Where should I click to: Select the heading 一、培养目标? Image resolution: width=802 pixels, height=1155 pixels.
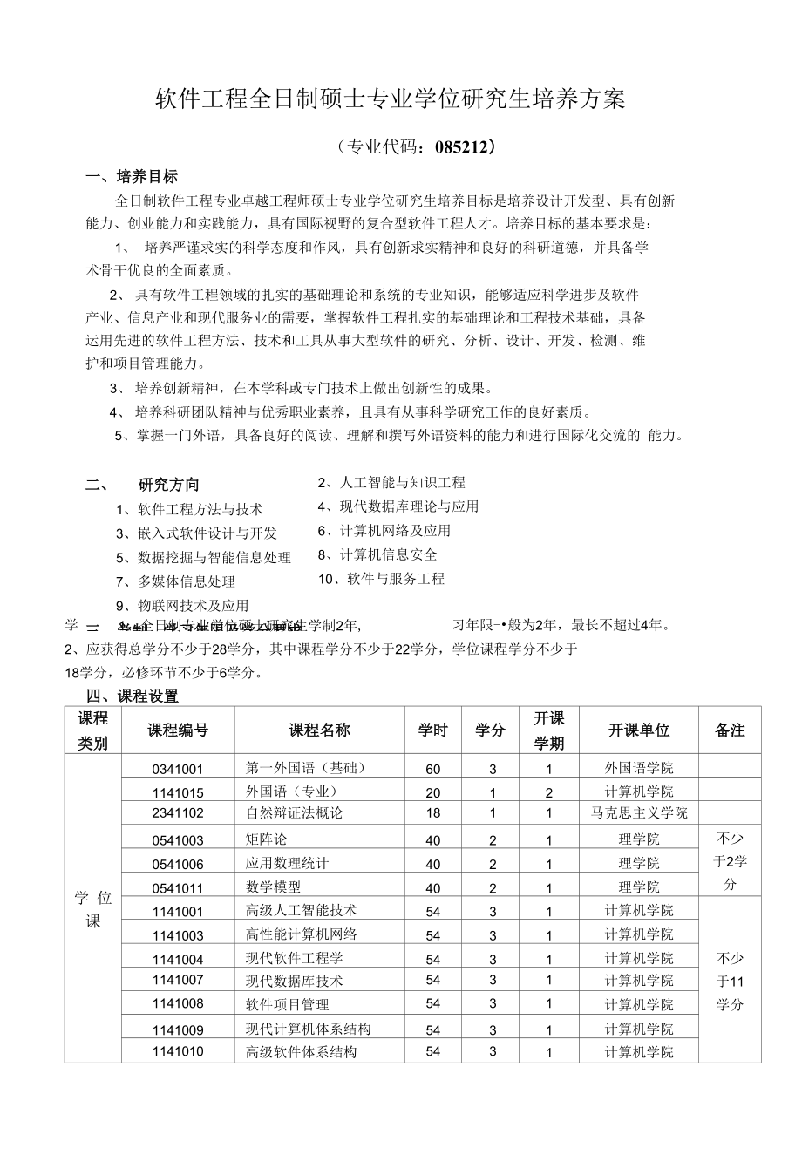[x=132, y=177]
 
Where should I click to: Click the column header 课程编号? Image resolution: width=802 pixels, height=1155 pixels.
[x=178, y=730]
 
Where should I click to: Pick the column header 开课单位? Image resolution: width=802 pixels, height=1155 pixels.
[x=639, y=730]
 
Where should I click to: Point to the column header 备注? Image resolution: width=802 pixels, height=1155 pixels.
[x=730, y=730]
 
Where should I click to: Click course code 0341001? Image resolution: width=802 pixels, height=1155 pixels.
[x=178, y=769]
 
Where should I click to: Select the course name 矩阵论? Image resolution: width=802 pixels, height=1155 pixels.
[x=267, y=839]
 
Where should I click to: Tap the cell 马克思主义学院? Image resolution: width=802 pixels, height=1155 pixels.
[x=639, y=812]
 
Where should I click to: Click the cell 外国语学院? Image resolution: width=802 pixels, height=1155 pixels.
[x=639, y=768]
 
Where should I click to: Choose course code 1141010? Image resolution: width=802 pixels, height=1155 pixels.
[x=178, y=1051]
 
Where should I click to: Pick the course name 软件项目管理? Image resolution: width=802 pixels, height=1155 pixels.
[x=288, y=1004]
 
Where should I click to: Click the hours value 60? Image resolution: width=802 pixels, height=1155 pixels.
[x=433, y=769]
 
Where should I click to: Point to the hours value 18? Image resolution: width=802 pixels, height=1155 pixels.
[x=433, y=812]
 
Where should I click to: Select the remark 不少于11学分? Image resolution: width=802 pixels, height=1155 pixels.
[x=730, y=981]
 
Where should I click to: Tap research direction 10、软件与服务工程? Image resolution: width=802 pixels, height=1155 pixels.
[x=381, y=578]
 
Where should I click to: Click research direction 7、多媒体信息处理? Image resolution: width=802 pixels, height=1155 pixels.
[x=175, y=581]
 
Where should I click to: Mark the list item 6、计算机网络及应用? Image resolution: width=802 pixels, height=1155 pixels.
[x=384, y=530]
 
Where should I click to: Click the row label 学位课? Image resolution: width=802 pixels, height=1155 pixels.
[x=93, y=909]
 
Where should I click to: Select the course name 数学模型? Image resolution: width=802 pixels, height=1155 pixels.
[x=274, y=887]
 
